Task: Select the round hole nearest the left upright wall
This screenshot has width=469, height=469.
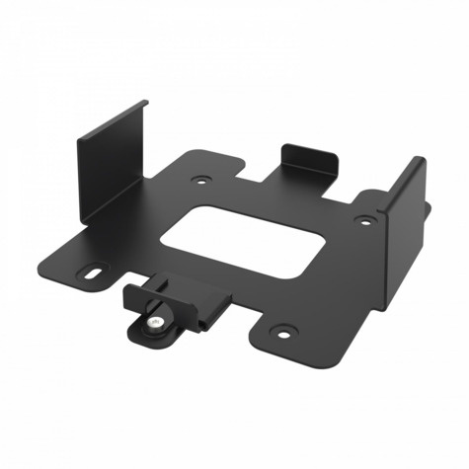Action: coord(202,182)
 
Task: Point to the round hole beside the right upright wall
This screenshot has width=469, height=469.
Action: coord(365,220)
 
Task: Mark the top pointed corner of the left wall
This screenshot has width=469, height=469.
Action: coord(145,101)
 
